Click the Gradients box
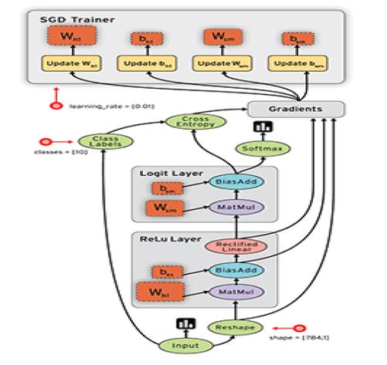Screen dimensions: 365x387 [295, 110]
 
